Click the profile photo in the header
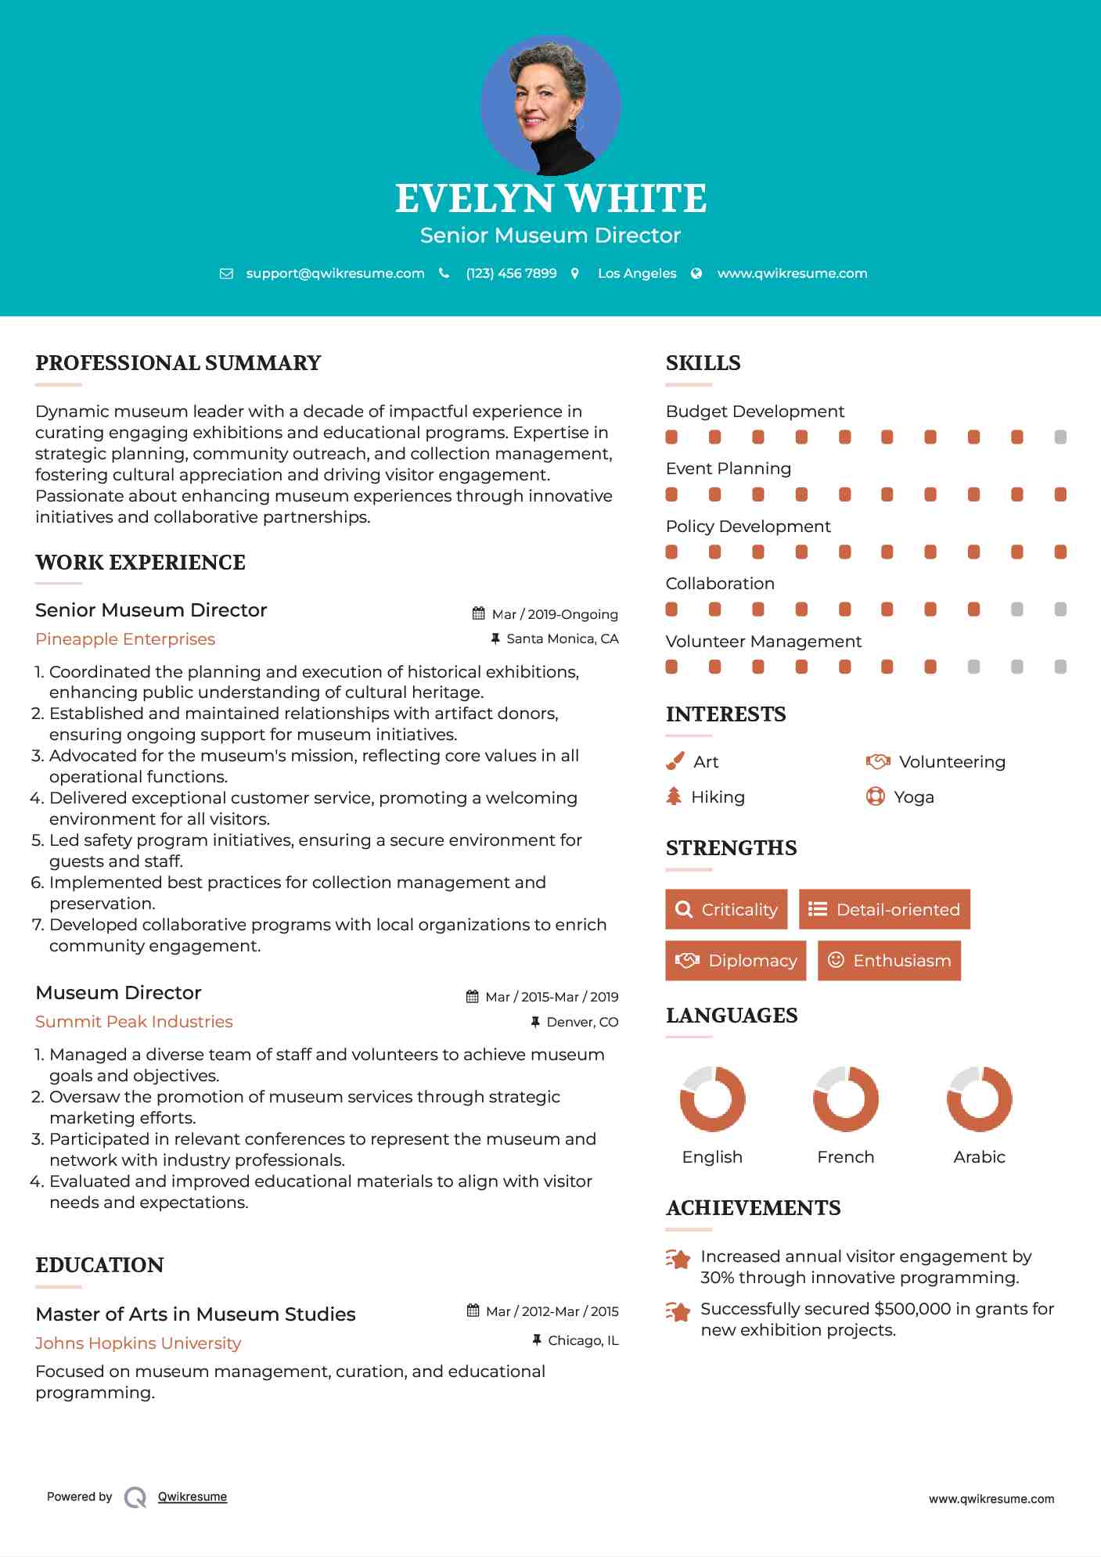(x=550, y=105)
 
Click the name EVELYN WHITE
(x=550, y=199)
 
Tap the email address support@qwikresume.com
(x=335, y=273)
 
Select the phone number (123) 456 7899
(x=511, y=273)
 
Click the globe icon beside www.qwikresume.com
(x=696, y=273)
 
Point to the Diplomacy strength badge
(x=735, y=961)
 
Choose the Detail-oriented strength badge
(x=884, y=909)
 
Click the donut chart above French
(x=845, y=1099)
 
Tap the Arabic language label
(x=979, y=1156)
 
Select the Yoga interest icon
(x=875, y=796)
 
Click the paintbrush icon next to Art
(x=675, y=761)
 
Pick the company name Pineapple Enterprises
(x=125, y=639)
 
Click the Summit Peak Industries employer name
(x=134, y=1022)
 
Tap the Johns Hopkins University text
(x=138, y=1343)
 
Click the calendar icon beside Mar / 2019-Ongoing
(x=479, y=613)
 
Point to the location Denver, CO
(x=582, y=1022)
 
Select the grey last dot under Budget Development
(x=1060, y=437)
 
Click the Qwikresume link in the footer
(x=192, y=1497)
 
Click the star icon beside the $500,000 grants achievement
(x=678, y=1311)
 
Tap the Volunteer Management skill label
(x=763, y=642)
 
